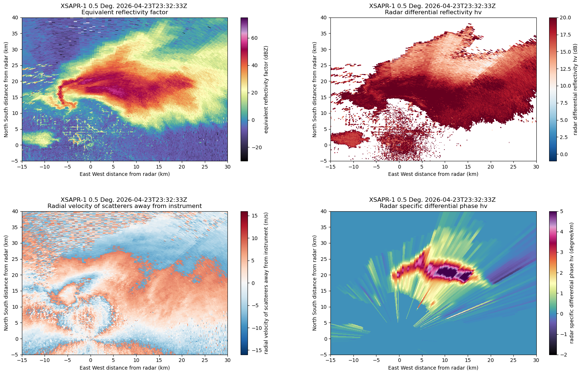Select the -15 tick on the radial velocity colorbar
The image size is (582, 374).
[253, 350]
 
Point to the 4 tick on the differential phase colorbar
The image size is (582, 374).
[560, 232]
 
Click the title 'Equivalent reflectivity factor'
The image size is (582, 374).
[125, 12]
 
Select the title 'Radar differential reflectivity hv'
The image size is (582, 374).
[433, 12]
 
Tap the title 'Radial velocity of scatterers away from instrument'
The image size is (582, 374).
[125, 206]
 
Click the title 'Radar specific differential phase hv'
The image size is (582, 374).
[433, 206]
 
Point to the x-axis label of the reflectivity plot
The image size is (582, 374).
[125, 174]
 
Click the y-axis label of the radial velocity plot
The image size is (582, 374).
[6, 283]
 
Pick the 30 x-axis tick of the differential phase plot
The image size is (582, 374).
[536, 360]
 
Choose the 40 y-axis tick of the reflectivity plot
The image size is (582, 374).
[16, 18]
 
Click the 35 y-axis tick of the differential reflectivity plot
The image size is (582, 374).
[324, 34]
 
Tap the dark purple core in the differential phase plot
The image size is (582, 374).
[449, 273]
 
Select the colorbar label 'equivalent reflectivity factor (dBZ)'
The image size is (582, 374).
[266, 89]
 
